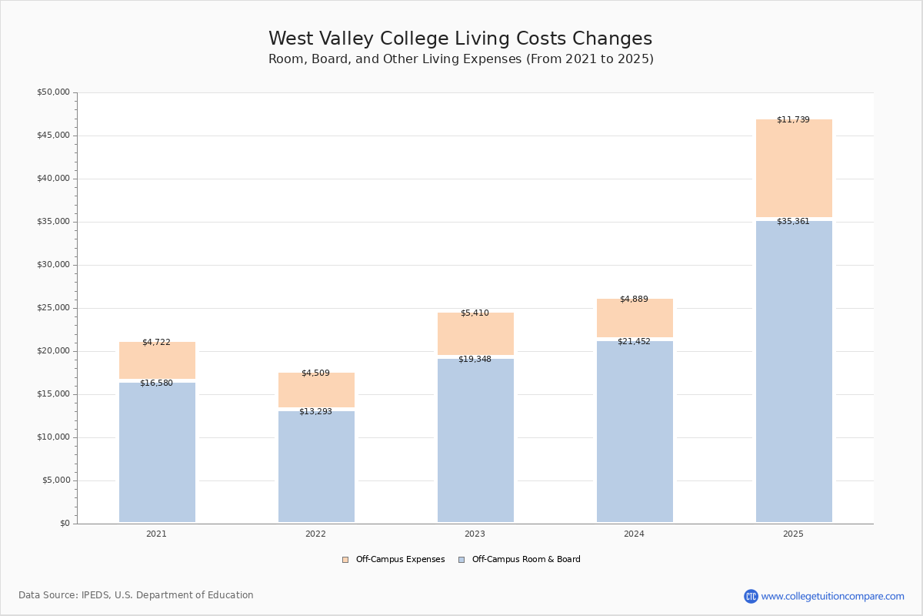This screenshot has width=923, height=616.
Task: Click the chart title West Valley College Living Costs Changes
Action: point(460,39)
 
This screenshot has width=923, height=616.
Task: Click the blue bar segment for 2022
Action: point(316,467)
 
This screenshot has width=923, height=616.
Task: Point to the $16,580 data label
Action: point(156,383)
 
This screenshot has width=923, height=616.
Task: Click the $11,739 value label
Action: point(793,119)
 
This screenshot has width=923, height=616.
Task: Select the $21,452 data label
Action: point(634,341)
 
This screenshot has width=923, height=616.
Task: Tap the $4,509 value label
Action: point(315,373)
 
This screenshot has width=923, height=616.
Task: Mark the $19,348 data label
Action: point(475,359)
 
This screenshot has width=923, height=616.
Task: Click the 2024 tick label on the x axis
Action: point(634,534)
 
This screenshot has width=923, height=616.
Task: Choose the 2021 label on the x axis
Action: point(156,534)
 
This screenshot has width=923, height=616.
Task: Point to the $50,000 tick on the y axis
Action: point(53,92)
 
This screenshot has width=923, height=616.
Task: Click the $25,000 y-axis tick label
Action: point(53,308)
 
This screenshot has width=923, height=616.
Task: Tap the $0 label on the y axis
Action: point(65,524)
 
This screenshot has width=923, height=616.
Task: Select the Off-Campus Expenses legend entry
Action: point(394,560)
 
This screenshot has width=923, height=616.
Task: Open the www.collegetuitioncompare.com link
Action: point(832,596)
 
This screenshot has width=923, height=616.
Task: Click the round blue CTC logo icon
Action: point(751,596)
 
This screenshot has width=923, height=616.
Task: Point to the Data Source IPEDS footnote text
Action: point(136,595)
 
